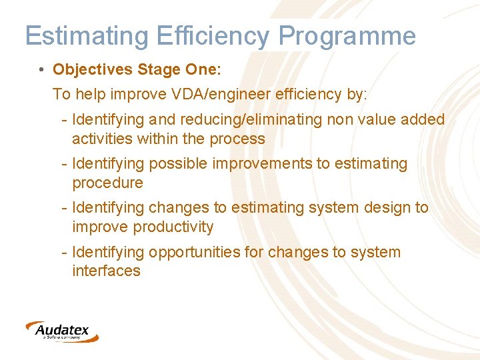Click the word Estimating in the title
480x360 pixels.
(87, 36)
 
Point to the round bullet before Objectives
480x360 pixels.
(42, 70)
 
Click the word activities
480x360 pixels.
(101, 139)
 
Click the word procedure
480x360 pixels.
(107, 183)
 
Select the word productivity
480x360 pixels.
(173, 227)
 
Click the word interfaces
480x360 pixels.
(106, 271)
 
